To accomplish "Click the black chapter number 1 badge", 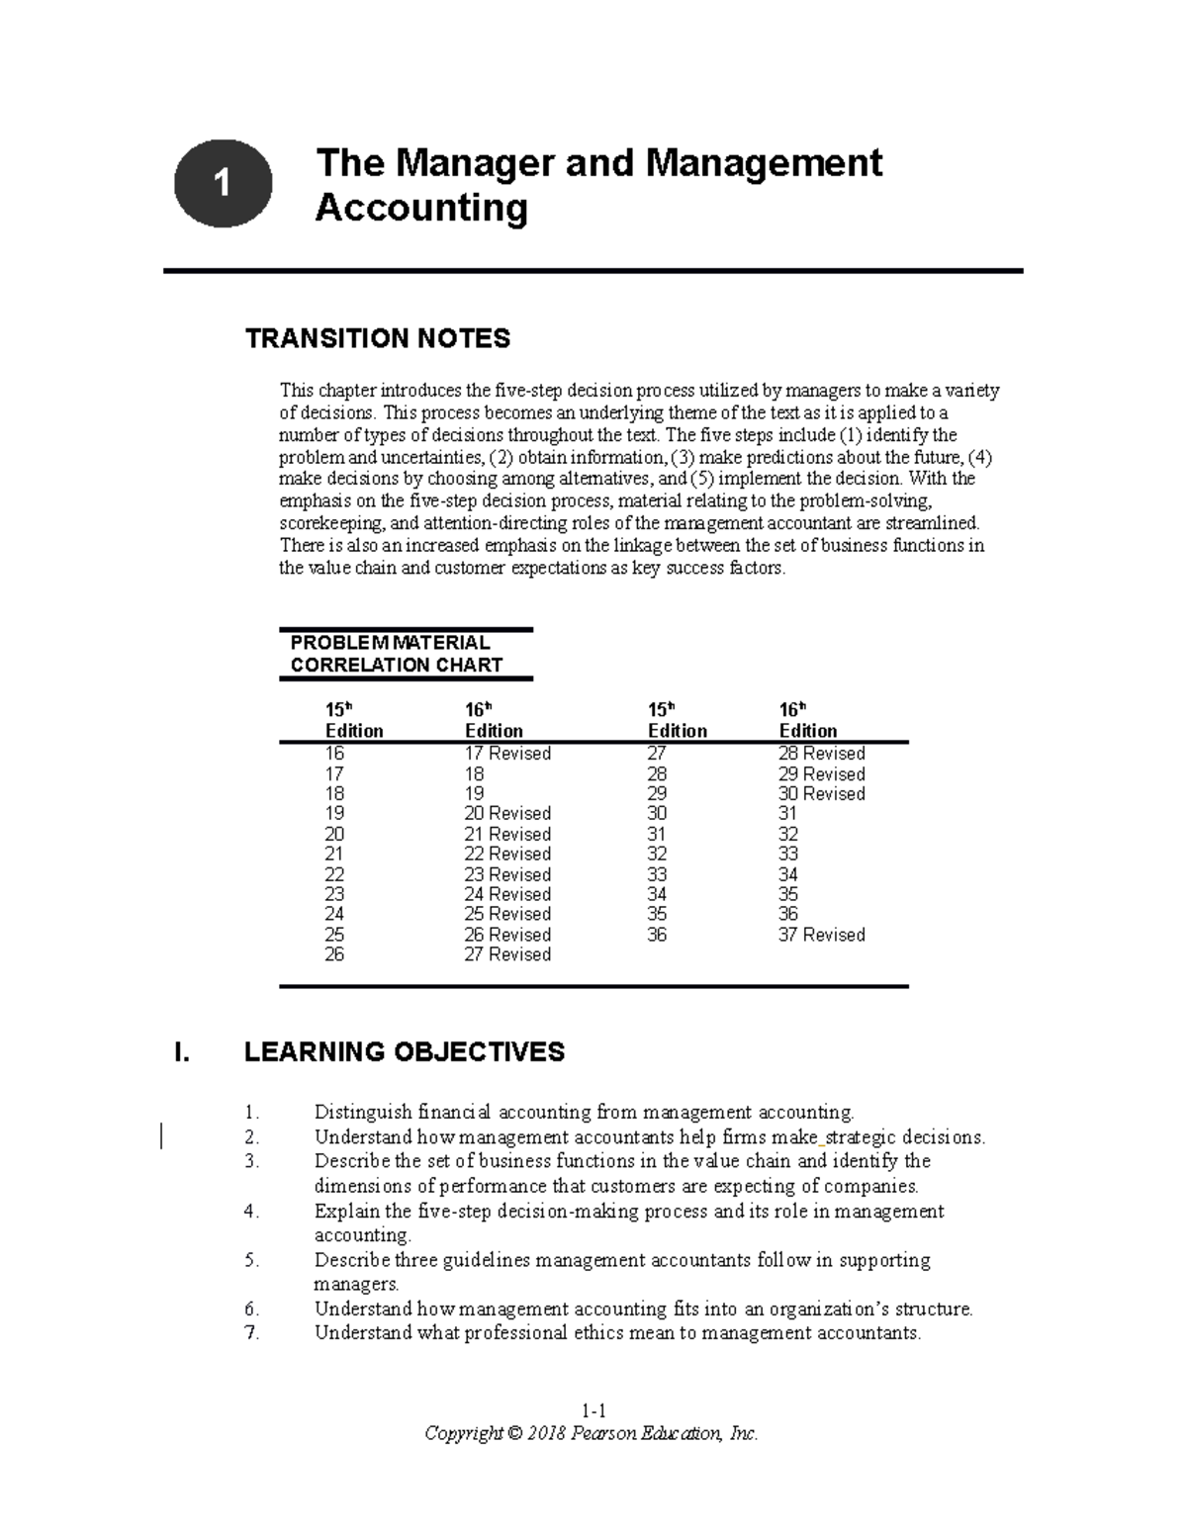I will point(223,183).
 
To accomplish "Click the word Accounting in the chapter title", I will point(420,209).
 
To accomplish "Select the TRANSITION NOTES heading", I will point(377,338).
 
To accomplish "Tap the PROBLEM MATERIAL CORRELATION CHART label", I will point(396,654).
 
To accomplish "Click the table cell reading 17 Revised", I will point(507,754).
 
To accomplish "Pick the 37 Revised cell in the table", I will point(821,935).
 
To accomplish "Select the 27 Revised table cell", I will point(507,954).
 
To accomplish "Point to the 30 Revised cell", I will point(821,794).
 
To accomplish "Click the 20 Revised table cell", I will point(507,814).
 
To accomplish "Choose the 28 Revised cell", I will point(821,754).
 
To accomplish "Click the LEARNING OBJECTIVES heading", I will point(404,1051).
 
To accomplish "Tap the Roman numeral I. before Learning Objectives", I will point(180,1052).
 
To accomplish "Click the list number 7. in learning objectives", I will point(251,1333).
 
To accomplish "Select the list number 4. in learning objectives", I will point(251,1212).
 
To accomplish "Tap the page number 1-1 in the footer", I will point(593,1410).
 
